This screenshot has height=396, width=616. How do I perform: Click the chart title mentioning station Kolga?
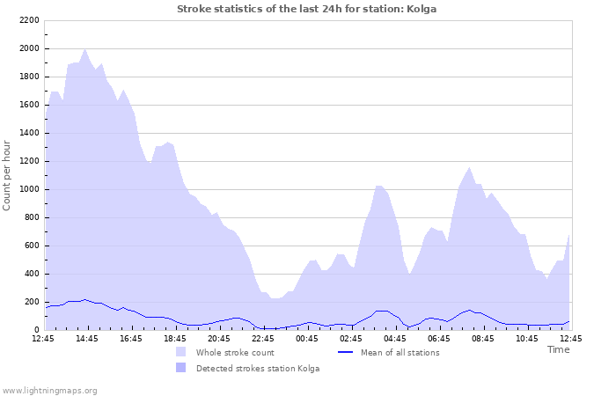click(x=306, y=9)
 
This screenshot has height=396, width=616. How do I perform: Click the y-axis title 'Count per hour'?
click(x=8, y=174)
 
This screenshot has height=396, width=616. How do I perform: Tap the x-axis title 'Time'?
click(x=558, y=349)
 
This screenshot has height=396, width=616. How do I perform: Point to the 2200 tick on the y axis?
click(x=28, y=20)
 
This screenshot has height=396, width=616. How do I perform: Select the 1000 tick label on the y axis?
click(x=28, y=189)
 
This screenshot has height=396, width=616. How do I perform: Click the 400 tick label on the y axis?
click(x=31, y=274)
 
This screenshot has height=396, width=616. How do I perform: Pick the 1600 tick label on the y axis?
click(x=28, y=105)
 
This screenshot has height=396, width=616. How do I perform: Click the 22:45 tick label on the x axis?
click(x=262, y=338)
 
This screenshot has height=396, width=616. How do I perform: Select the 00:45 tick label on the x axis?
click(x=306, y=338)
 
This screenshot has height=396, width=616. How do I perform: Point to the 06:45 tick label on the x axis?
click(x=438, y=338)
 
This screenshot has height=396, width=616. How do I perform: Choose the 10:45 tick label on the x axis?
click(x=526, y=338)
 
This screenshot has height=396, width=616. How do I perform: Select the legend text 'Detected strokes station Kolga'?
click(x=257, y=368)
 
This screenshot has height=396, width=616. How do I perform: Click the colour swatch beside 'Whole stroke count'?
click(x=180, y=352)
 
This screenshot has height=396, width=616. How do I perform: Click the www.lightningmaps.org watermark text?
click(x=49, y=390)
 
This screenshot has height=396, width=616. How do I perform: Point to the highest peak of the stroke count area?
click(x=84, y=49)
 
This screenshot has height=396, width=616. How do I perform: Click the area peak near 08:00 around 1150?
click(x=469, y=167)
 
